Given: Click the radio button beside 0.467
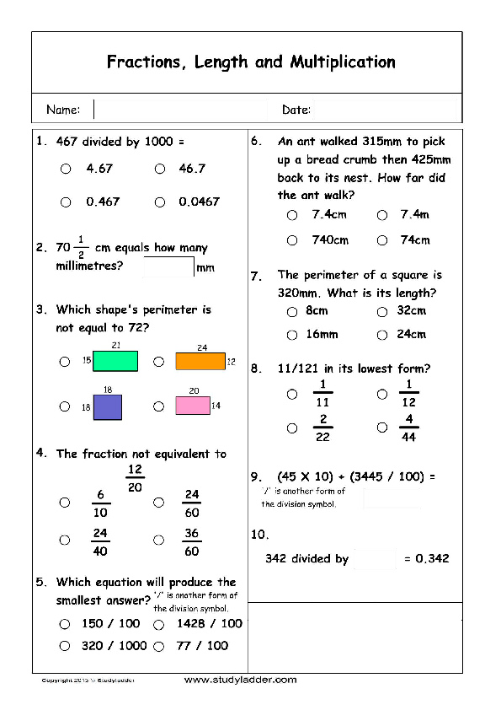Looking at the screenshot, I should [66, 202].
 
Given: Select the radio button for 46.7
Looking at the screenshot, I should [159, 169].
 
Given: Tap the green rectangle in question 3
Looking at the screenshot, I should [115, 361].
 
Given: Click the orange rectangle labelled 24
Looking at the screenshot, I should [200, 362].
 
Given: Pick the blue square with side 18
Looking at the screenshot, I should [108, 407].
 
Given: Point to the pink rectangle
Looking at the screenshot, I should [192, 406].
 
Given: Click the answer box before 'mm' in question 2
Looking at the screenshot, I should [168, 267].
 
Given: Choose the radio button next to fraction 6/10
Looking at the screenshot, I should [65, 503].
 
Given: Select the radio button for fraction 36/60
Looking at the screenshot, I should [158, 540].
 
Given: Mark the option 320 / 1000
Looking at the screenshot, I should [65, 646].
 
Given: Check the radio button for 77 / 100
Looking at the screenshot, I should [158, 646].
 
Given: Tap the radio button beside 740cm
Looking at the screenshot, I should [292, 240].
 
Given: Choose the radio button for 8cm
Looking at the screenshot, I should [292, 311].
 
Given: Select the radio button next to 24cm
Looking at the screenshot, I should [382, 335].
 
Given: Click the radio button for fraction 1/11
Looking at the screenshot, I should [292, 394].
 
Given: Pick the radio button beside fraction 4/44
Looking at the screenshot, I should [382, 428].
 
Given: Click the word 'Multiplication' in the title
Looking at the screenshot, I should [343, 62].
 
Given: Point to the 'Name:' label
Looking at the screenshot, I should [63, 110].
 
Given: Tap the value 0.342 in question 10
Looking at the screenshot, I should [433, 558].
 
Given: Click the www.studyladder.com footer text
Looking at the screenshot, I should [240, 680].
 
